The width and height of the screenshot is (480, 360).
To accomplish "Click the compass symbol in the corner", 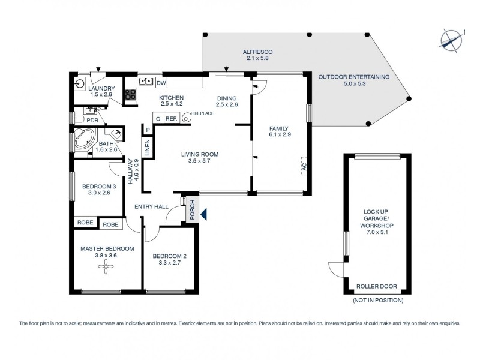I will pos(451,40).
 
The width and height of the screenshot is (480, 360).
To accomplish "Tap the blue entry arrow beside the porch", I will pos(204,213).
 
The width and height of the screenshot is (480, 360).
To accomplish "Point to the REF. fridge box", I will pos(171,119).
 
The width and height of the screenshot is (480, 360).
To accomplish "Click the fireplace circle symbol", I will pos(186,119).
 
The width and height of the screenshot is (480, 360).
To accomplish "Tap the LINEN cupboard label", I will pos(146,147).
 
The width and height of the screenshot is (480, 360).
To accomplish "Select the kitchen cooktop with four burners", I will pos(130,94).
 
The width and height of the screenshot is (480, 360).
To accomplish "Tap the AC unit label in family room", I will pos(303,166).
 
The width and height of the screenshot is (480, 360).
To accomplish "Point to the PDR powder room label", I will pos(92,119).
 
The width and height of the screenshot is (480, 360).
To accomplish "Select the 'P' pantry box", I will pos(148,128).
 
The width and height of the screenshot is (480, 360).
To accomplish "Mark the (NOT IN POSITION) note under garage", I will pos(378,300).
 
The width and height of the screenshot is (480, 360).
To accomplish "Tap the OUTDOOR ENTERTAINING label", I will pos(353,77).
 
